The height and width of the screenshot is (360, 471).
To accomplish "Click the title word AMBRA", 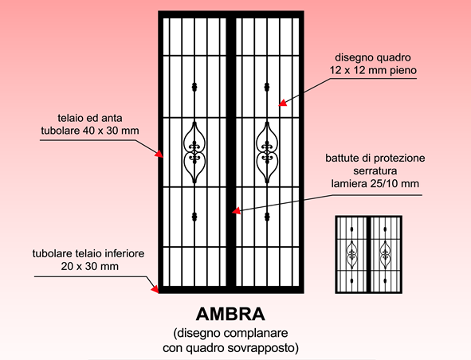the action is pyautogui.click(x=230, y=314).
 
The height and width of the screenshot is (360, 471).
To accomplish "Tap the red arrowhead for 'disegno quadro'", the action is pyautogui.click(x=282, y=103).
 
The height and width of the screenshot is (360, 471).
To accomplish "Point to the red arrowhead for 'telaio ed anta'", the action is pyautogui.click(x=159, y=154).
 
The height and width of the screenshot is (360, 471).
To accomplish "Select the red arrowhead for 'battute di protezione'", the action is pyautogui.click(x=237, y=211).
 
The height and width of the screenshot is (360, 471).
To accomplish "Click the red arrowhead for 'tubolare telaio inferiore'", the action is pyautogui.click(x=155, y=289).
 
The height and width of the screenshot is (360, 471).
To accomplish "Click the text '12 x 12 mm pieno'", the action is pyautogui.click(x=373, y=70).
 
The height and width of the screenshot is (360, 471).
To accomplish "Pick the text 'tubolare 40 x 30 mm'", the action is pyautogui.click(x=90, y=131).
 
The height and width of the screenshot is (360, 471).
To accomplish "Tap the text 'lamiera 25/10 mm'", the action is pyautogui.click(x=375, y=183).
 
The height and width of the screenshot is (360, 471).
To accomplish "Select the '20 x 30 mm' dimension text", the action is pyautogui.click(x=89, y=266).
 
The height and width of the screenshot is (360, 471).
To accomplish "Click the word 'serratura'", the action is pyautogui.click(x=375, y=171).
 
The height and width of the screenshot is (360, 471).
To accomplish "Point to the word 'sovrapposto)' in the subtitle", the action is pyautogui.click(x=263, y=348).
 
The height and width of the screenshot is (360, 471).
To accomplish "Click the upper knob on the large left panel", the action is pyautogui.click(x=194, y=87).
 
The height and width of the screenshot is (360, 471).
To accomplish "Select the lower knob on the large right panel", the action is pyautogui.click(x=267, y=217).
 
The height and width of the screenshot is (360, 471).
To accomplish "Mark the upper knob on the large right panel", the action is pyautogui.click(x=267, y=87).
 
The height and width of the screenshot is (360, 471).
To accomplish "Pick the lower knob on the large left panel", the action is pyautogui.click(x=194, y=217).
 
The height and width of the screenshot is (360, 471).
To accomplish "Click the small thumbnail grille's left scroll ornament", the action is pyautogui.click(x=351, y=255).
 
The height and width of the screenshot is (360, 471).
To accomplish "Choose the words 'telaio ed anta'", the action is pyautogui.click(x=90, y=118).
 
